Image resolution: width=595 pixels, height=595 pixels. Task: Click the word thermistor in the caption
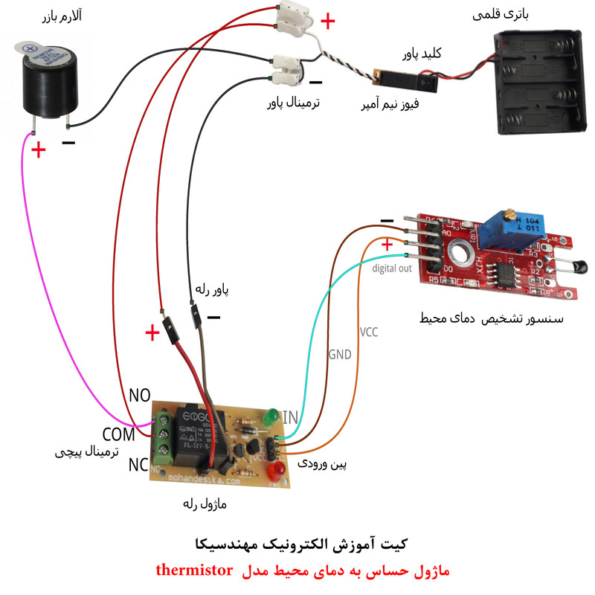click(x=194, y=571)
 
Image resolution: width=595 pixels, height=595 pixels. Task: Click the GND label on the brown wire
click(x=339, y=355)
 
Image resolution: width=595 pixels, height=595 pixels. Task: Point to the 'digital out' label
click(x=392, y=268)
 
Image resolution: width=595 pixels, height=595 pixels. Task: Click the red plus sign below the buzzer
click(x=38, y=150)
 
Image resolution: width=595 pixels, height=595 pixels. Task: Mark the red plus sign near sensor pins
click(x=387, y=246)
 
